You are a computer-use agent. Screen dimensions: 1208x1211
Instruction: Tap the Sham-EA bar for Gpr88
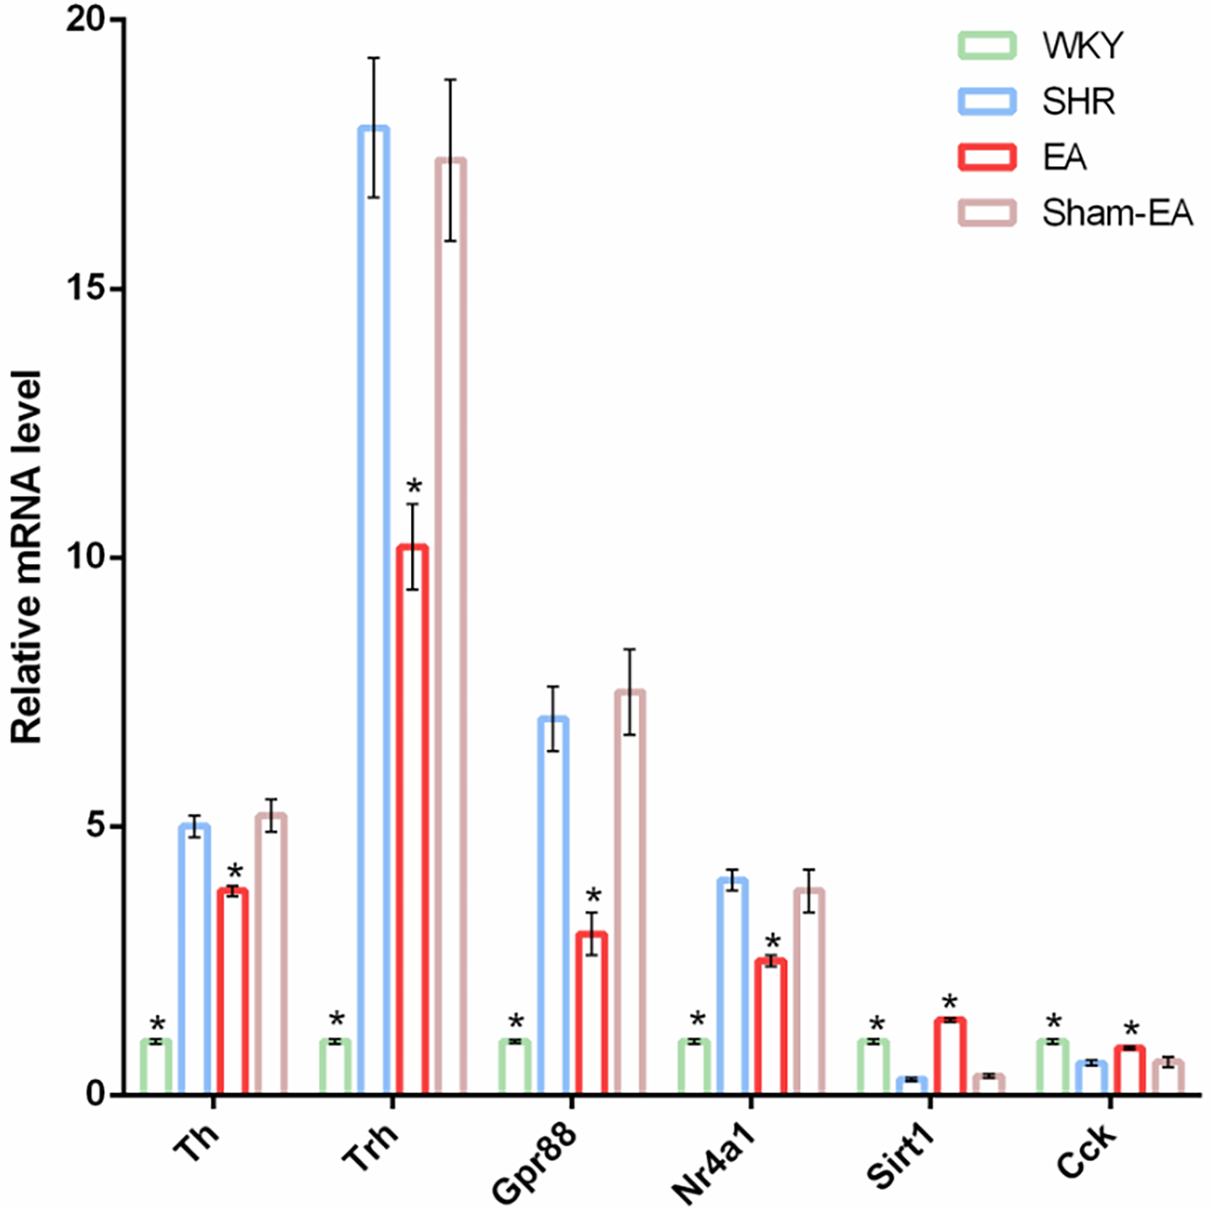coord(630,891)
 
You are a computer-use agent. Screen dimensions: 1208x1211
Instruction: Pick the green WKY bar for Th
coord(157,1067)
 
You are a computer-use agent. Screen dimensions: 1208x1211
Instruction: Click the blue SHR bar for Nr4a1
coord(733,986)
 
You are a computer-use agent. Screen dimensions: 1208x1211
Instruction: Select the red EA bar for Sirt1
coord(950,1056)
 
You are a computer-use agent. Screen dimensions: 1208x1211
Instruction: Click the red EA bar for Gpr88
coord(592,1013)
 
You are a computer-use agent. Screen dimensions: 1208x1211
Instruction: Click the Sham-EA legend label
coord(1117,213)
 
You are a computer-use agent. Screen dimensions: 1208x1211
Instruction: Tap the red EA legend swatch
coord(986,157)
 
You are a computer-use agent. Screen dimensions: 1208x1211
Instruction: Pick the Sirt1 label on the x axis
coord(902,1154)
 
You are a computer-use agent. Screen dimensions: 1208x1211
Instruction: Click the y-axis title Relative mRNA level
coord(26,557)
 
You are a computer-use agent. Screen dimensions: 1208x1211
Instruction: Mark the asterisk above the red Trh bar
coord(413,487)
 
